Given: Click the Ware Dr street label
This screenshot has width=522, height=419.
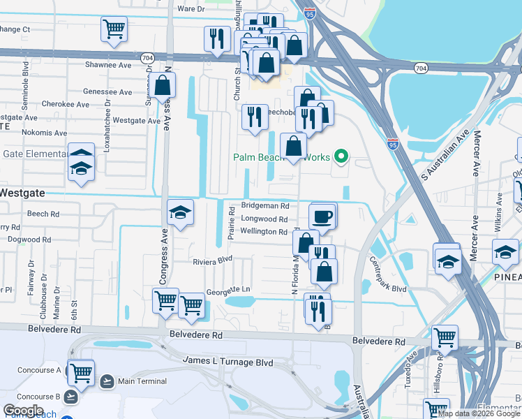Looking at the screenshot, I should pyautogui.click(x=191, y=9).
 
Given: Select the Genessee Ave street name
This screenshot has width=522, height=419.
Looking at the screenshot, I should pyautogui.click(x=107, y=92).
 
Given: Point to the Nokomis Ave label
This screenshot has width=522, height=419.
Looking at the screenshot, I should pyautogui.click(x=43, y=133).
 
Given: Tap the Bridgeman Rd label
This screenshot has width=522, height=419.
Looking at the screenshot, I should pyautogui.click(x=264, y=206).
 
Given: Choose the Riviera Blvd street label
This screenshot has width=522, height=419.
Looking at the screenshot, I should pyautogui.click(x=212, y=262).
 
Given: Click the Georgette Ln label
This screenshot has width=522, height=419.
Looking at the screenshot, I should pyautogui.click(x=228, y=288).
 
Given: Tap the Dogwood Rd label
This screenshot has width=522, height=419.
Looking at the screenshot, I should pyautogui.click(x=26, y=240).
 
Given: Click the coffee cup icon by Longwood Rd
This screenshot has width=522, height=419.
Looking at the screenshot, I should pyautogui.click(x=322, y=216).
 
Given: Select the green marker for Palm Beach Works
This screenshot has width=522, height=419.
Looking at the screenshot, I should pyautogui.click(x=341, y=157).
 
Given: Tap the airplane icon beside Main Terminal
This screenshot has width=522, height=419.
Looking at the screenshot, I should pyautogui.click(x=107, y=381).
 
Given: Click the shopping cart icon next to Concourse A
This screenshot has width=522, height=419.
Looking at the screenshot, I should pyautogui.click(x=82, y=372).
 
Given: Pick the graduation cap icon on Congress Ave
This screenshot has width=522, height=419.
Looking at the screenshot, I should pyautogui.click(x=179, y=212).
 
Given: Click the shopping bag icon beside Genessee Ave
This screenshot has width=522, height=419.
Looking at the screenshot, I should pyautogui.click(x=162, y=87).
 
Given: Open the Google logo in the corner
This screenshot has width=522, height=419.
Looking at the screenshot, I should pyautogui.click(x=23, y=411).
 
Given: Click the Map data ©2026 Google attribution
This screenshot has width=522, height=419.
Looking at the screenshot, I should pyautogui.click(x=478, y=413).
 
